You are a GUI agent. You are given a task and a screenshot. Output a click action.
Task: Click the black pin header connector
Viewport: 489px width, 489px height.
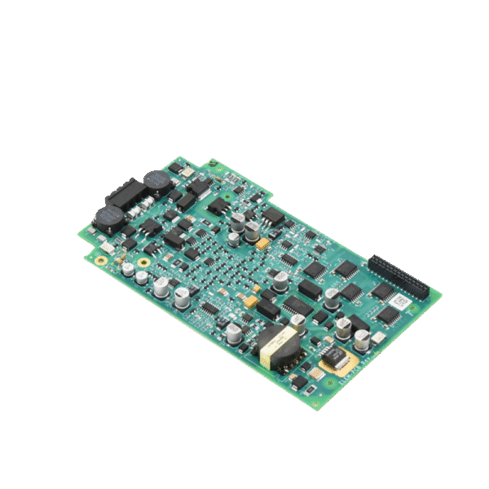399,275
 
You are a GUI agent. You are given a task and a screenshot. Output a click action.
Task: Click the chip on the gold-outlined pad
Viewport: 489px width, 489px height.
333,355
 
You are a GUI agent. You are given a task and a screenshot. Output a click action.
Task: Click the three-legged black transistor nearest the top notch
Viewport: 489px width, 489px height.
218,205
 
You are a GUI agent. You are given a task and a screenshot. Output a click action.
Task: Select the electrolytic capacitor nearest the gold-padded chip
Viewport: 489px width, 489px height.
359,336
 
